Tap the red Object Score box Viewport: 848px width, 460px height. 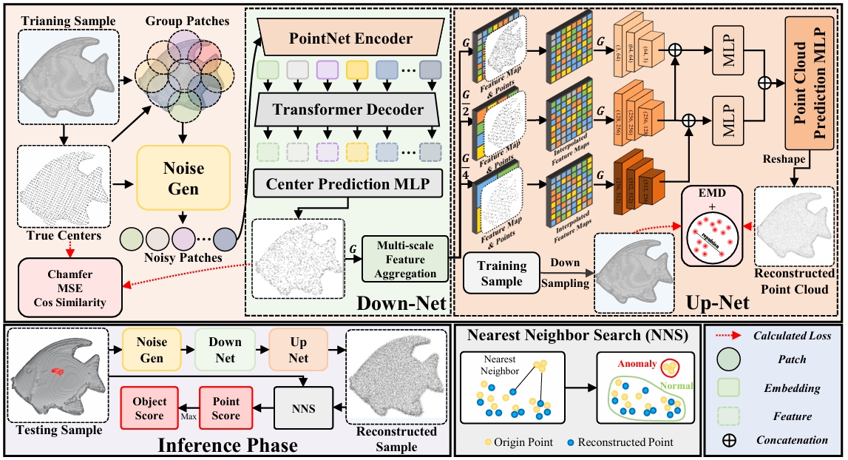(x=150, y=408)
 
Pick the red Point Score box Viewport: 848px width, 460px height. (x=226, y=408)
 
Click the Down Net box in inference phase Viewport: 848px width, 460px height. (x=225, y=350)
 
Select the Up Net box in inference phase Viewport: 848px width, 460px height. (x=297, y=350)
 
